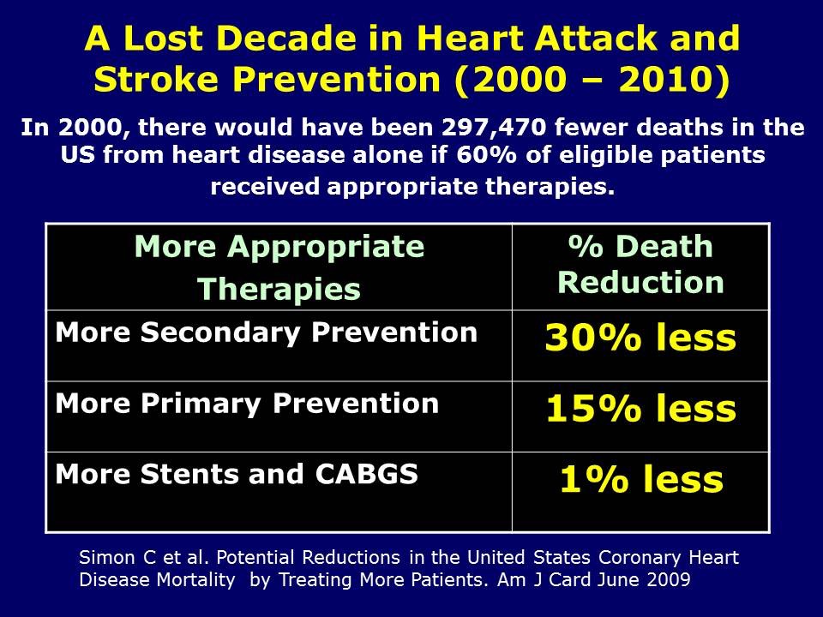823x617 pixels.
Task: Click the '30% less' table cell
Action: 640,338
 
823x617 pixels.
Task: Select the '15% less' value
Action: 640,410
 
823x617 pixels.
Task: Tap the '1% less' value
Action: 640,481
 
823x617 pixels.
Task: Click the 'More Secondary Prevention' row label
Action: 266,332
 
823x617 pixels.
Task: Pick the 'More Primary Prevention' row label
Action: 247,404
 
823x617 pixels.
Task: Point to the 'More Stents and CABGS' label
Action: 237,474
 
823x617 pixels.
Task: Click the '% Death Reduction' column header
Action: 640,264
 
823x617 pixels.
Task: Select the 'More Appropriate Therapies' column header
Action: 279,267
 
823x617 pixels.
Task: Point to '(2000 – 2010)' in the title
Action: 591,79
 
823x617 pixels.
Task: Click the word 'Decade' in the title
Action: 298,39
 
